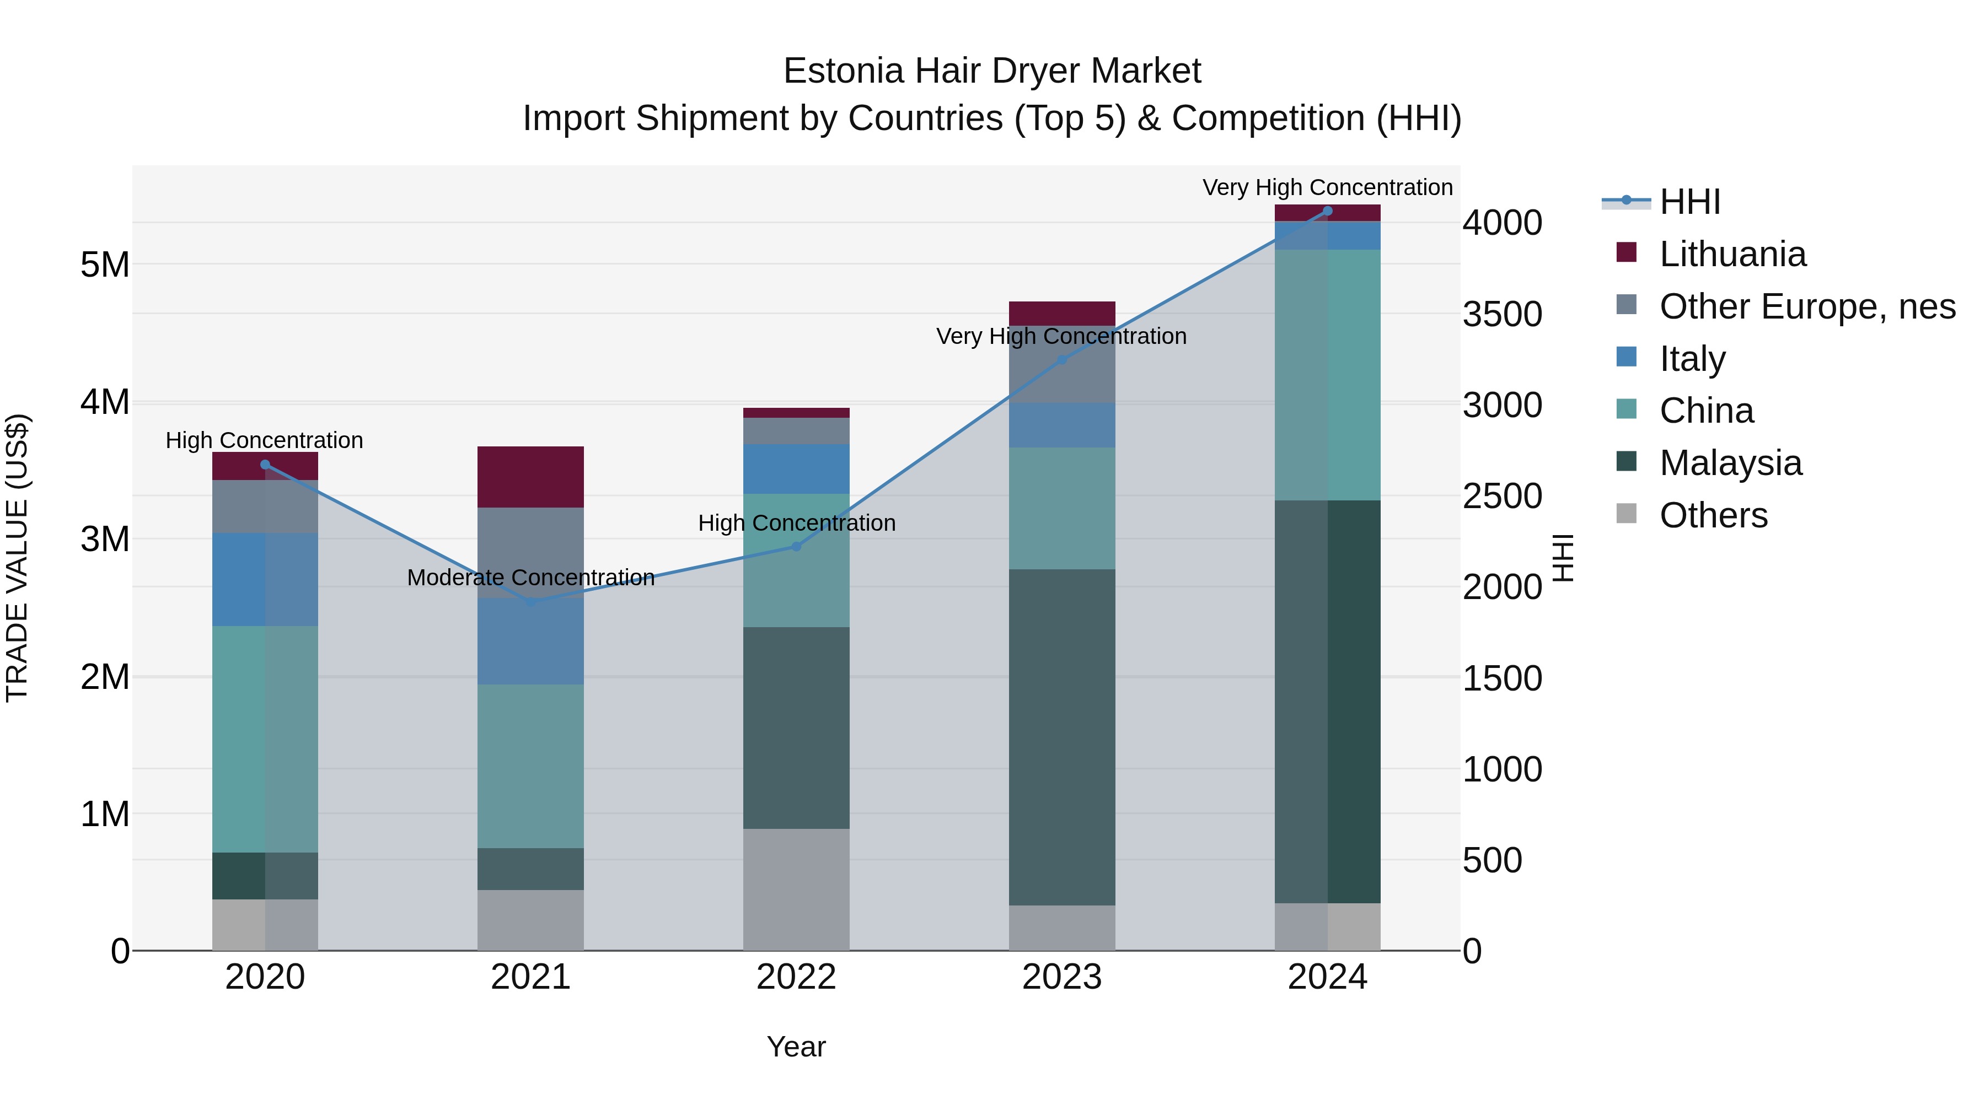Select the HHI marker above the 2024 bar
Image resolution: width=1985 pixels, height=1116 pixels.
[x=1327, y=211]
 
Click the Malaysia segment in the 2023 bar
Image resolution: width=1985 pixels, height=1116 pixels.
[x=1062, y=737]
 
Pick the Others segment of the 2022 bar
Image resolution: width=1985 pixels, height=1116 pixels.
[x=796, y=889]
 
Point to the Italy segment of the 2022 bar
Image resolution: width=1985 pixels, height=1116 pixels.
[x=796, y=469]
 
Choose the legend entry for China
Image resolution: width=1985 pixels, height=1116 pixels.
[x=1706, y=411]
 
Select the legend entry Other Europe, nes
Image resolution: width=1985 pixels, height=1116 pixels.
[x=1806, y=306]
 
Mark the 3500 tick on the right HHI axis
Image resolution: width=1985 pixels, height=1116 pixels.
[x=1502, y=314]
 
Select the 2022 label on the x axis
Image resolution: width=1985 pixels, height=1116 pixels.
[x=796, y=977]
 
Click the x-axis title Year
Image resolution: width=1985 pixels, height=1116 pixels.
[x=796, y=1047]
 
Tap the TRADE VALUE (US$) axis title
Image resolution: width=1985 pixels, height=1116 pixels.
[x=17, y=558]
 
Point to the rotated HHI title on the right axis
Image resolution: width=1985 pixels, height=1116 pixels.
[x=1563, y=558]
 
